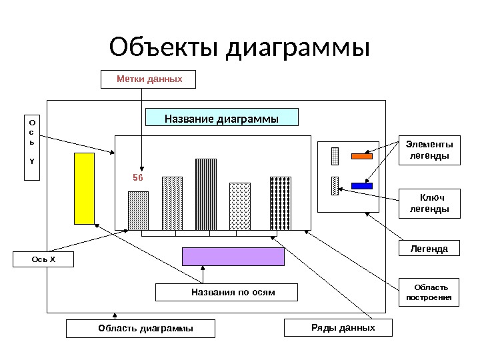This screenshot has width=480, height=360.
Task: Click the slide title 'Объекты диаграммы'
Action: point(239,48)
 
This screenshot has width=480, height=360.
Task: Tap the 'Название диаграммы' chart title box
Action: point(221,119)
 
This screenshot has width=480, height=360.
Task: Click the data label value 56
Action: point(138,178)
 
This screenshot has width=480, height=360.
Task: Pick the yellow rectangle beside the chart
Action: point(84,189)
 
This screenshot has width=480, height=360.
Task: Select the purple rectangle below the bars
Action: point(233,257)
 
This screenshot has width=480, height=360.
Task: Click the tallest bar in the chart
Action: point(206,194)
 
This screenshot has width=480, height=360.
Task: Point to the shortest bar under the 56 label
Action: point(138,211)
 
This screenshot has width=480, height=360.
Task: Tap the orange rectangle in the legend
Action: point(361,156)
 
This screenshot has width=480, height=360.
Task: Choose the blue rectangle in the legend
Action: point(361,185)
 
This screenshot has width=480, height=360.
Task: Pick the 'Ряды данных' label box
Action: point(339,328)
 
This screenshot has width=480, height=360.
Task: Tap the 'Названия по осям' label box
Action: point(227,293)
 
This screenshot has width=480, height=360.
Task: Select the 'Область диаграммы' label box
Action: point(141,329)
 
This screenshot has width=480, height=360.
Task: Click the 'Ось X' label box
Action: point(44,259)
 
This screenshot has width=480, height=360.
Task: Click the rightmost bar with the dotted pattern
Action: point(280,203)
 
